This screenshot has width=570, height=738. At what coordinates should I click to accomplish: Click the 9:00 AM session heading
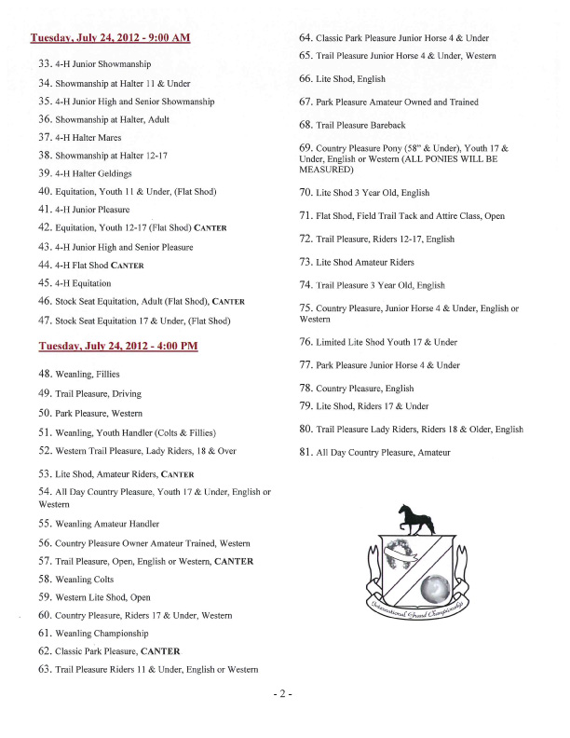click(x=110, y=38)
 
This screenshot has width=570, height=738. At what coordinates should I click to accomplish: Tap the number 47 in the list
click(x=45, y=321)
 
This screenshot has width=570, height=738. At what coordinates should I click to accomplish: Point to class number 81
click(x=305, y=453)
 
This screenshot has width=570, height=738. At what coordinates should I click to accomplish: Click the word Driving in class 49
click(x=123, y=394)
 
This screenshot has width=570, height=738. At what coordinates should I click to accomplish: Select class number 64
click(x=305, y=38)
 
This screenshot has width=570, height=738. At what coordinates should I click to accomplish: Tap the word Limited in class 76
click(x=332, y=343)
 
